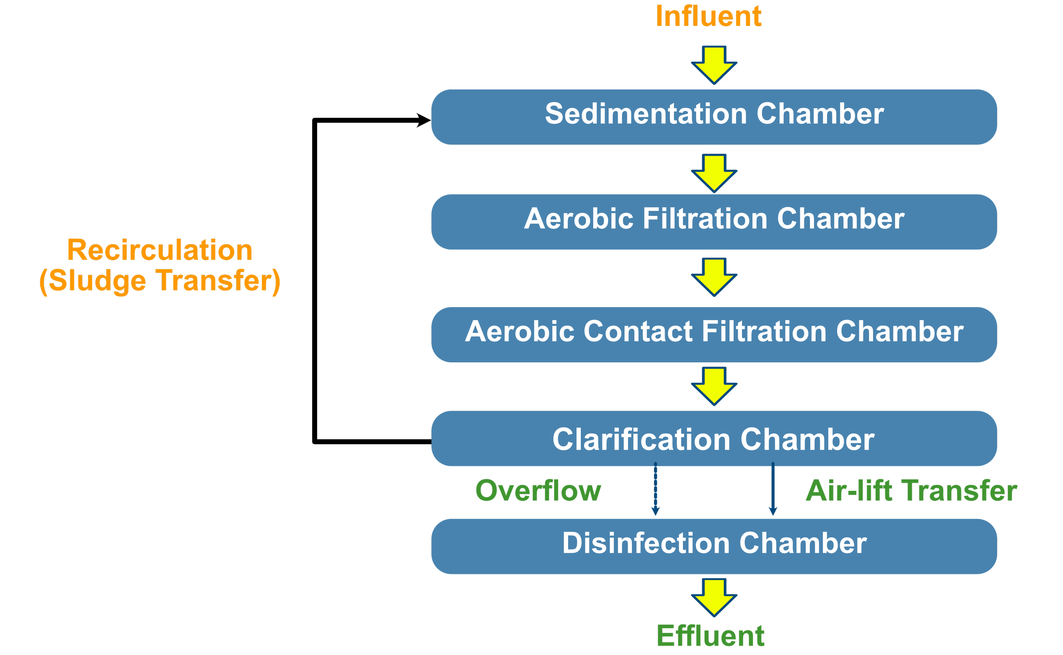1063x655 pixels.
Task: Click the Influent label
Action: point(708,17)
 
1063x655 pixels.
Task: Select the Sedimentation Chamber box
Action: point(714,117)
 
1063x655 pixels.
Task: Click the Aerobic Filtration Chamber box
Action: point(714,222)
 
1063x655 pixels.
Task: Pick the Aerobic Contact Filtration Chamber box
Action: point(714,335)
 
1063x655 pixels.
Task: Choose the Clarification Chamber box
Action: point(714,439)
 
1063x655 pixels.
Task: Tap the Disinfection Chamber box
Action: point(714,546)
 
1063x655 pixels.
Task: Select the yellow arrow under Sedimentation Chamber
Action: point(714,173)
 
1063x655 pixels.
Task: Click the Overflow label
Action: point(538,491)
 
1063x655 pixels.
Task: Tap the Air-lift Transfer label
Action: point(911,491)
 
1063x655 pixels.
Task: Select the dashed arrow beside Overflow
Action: point(656,490)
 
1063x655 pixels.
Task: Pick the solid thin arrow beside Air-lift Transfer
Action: point(773,490)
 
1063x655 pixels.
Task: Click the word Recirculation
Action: point(159,250)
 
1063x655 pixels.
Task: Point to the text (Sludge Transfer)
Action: point(159,281)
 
